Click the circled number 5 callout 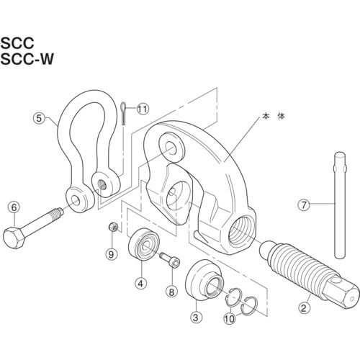pos(39,118)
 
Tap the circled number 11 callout pos(143,109)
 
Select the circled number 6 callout pos(14,207)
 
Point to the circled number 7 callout pos(304,205)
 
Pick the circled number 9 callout pos(111,254)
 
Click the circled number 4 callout pos(140,284)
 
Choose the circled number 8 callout pos(171,292)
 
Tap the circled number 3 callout pos(196,318)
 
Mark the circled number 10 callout pos(230,319)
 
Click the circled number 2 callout pos(304,308)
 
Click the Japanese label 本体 pos(274,117)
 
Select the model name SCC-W pos(27,59)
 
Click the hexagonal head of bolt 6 pos(14,237)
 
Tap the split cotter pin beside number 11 pos(123,114)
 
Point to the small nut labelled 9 pos(113,227)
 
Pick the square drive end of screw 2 pos(341,292)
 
